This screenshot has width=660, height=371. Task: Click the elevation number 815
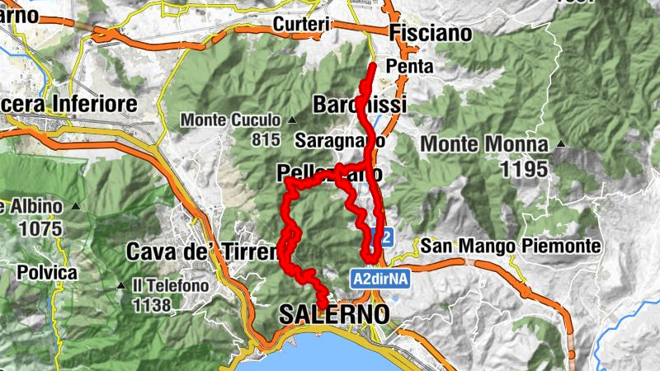(x=266, y=139)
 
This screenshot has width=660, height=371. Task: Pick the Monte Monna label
(x=484, y=144)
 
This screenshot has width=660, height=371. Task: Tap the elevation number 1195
(x=523, y=169)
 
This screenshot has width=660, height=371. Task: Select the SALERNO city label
(x=334, y=314)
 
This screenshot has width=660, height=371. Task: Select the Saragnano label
(x=339, y=140)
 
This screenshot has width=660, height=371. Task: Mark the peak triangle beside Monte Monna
(x=561, y=144)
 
